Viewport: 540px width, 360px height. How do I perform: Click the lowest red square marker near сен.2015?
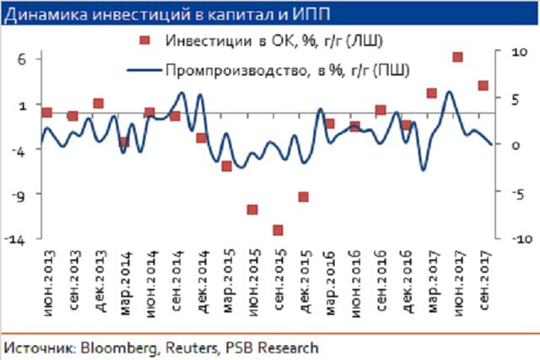(x=278, y=230)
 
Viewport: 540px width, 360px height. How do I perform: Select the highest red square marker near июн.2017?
(x=457, y=57)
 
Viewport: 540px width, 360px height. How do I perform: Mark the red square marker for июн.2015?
(x=252, y=209)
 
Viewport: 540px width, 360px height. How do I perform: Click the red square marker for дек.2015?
(x=303, y=197)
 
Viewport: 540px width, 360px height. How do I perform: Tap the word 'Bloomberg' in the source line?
(x=100, y=347)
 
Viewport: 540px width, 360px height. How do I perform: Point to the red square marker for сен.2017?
(x=483, y=85)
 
